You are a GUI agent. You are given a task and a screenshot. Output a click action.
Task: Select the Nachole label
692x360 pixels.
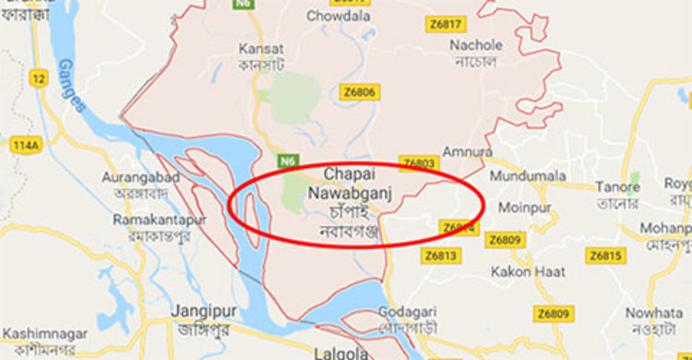click(x=476, y=45)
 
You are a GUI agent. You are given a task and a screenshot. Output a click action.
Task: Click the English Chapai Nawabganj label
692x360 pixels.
click(x=347, y=183)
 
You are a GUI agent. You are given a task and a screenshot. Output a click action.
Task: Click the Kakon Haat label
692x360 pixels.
click(x=523, y=271)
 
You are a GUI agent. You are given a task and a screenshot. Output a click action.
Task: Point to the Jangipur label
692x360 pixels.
click(x=197, y=311)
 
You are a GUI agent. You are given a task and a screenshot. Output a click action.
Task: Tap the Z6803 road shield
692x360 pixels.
click(x=418, y=163)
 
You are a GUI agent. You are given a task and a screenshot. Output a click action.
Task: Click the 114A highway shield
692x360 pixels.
click(x=28, y=145)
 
